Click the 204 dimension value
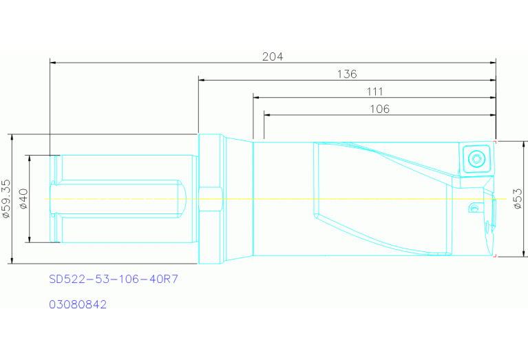point(273,56)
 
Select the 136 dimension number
point(346,74)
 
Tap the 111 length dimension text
point(374,92)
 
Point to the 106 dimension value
point(379,109)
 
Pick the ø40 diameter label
point(23,198)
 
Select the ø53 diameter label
point(518,198)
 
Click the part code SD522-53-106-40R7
point(114,280)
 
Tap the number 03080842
point(78,304)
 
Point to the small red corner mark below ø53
point(495,255)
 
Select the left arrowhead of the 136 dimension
point(202,80)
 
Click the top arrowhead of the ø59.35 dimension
point(12,136)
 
